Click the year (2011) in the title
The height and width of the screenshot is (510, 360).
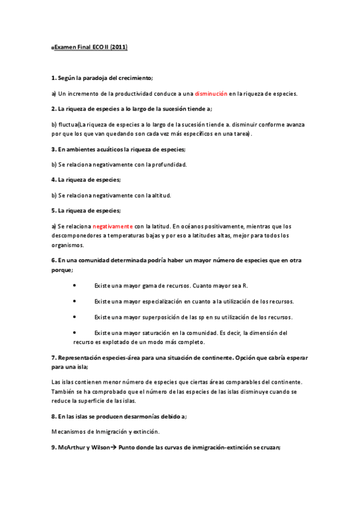click(x=118, y=46)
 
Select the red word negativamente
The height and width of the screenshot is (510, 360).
click(x=112, y=226)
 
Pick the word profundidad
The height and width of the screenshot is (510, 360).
click(x=168, y=164)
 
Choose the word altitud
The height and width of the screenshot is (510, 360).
click(x=160, y=195)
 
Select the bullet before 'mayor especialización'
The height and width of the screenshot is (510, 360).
click(x=74, y=301)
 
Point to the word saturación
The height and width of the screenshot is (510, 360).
click(x=154, y=332)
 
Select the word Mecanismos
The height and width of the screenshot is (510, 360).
click(x=69, y=431)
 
